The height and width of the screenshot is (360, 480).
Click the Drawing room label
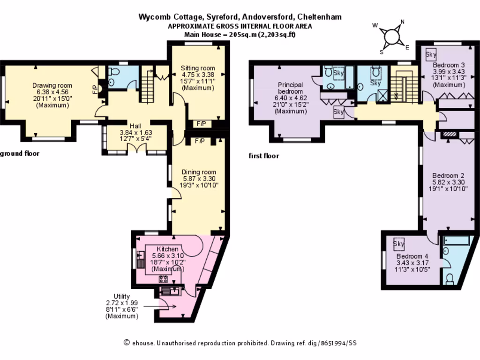(52, 85)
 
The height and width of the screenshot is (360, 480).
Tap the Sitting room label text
(198, 68)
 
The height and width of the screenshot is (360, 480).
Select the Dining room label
(199, 172)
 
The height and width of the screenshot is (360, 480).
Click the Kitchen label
(167, 249)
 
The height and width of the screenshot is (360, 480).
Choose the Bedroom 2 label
(449, 175)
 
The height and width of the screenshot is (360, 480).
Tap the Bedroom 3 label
(449, 65)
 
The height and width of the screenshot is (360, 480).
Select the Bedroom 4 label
(412, 257)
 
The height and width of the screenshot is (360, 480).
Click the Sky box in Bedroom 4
(399, 244)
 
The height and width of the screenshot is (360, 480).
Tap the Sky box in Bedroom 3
(430, 55)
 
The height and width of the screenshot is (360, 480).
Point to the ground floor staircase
(148, 83)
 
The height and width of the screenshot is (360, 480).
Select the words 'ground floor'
(19, 153)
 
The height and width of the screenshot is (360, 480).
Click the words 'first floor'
(263, 156)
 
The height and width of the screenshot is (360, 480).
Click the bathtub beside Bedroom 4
(459, 242)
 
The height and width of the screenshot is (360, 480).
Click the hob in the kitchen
(164, 279)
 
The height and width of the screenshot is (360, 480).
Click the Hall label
(135, 126)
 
